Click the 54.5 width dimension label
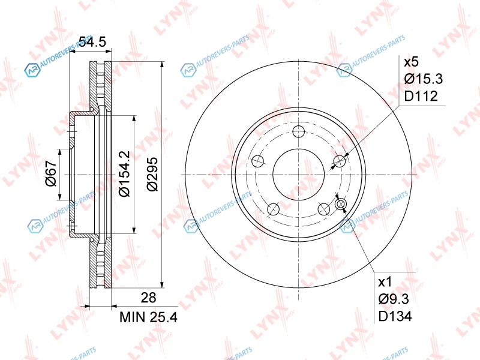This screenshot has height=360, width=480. point(92,41)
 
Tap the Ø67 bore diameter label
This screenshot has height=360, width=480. point(52,173)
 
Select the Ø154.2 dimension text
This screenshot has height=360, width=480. point(125,173)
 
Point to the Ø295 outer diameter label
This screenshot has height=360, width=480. point(152,174)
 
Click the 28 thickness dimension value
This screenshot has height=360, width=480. point(148,297)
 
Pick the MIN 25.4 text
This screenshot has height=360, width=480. point(148,317)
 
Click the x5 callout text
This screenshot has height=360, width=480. point(411,62)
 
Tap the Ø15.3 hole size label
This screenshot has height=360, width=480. point(424,79)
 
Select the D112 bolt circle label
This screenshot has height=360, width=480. point(421,96)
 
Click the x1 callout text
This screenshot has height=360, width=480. point(385,282)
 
